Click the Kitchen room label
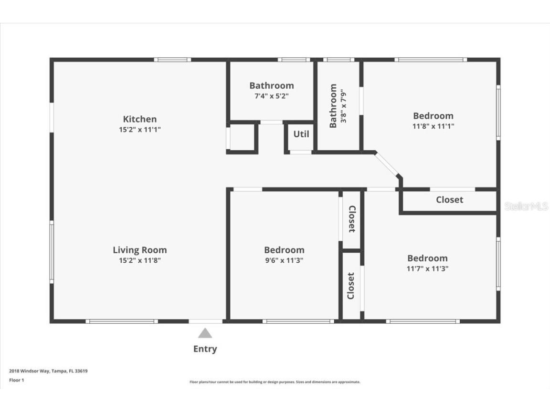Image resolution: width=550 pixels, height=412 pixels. point(139,119)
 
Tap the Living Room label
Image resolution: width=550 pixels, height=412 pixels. point(139,250)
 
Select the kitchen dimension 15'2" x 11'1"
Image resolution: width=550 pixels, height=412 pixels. point(139,130)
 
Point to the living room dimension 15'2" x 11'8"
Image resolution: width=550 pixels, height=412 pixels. point(139,260)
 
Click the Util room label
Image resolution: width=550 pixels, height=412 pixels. point(301,134)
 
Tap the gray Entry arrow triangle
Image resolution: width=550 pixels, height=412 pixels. point(205,333)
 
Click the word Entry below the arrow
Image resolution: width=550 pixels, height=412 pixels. point(205,349)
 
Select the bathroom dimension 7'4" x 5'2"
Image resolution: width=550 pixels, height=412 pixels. point(271,96)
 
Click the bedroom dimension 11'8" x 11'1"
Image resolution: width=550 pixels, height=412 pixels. point(433,126)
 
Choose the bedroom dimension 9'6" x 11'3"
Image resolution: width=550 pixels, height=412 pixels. point(284,260)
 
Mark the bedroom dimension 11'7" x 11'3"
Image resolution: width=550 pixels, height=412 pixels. point(427,268)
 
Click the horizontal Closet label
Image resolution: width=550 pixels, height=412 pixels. point(449,200)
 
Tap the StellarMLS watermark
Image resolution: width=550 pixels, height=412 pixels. point(526,206)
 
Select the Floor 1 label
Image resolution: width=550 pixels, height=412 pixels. point(16,380)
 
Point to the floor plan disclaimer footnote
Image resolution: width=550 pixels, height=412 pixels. point(275,382)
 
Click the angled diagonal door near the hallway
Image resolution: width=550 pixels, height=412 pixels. point(387,165)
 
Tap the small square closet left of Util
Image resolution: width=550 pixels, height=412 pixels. point(242,138)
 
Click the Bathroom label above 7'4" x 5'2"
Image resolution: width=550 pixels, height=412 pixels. point(271,86)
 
